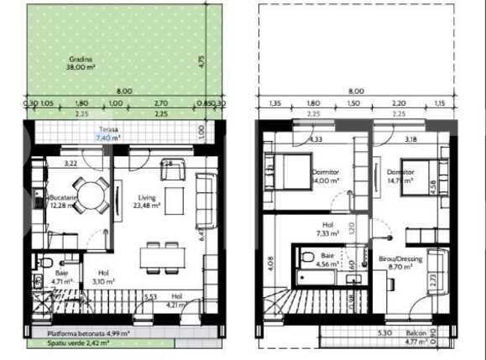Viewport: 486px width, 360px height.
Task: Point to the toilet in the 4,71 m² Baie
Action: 37,263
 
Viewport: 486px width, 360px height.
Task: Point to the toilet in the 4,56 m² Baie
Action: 307,258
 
